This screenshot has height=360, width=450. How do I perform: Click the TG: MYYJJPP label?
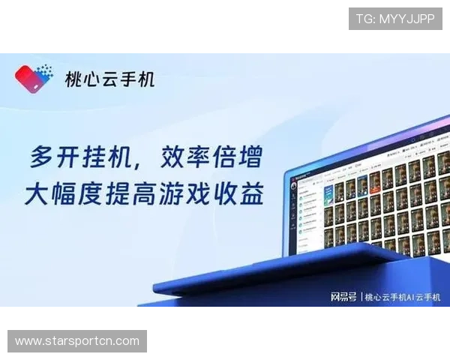point(395,19)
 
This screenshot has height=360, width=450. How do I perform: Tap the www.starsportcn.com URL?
point(77,341)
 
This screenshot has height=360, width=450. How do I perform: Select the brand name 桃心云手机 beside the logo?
point(110,78)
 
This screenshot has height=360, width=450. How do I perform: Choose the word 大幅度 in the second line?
point(59,194)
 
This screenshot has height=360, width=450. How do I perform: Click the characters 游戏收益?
point(224,194)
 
